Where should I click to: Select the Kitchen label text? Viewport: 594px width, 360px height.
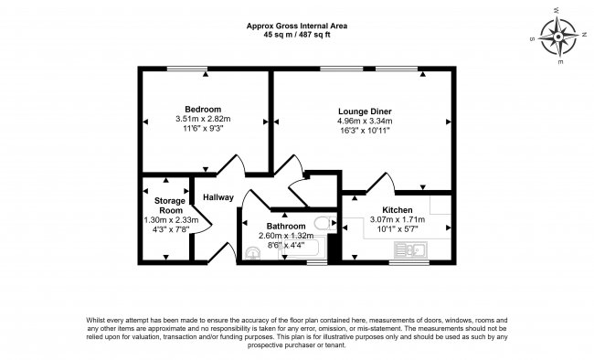point(398,210)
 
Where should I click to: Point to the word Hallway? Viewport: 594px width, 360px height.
point(218,197)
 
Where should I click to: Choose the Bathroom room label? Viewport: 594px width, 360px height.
point(284,226)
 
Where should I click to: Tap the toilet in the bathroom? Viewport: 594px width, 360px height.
point(323,225)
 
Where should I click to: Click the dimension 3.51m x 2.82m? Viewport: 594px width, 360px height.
point(204,119)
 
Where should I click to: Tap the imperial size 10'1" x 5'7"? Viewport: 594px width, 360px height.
point(397,229)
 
